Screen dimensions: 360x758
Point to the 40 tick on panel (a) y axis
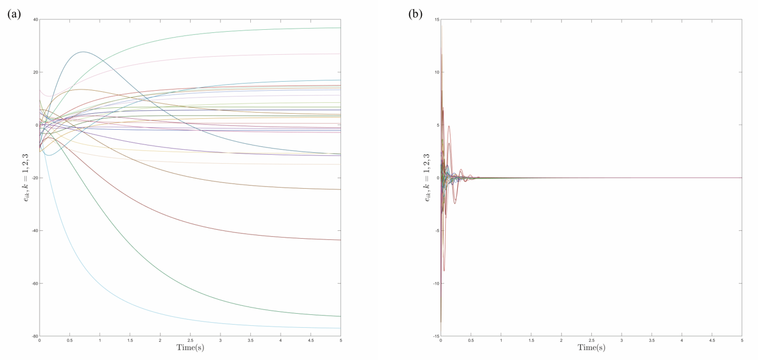click(35, 19)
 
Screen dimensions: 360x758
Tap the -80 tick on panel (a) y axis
click(35, 336)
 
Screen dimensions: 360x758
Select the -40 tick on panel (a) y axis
click(35, 231)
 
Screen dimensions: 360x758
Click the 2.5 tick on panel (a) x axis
click(190, 341)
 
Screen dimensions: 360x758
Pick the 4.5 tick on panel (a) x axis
click(311, 341)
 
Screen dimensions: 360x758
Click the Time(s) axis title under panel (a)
click(190, 348)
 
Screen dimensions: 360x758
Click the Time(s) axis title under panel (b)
click(591, 348)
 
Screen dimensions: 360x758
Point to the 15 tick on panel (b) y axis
click(437, 19)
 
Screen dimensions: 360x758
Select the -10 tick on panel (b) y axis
click(435, 283)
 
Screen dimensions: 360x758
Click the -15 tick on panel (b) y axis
click(435, 336)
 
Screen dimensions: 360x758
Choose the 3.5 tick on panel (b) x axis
click(651, 341)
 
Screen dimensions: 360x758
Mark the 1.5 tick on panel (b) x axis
click(531, 341)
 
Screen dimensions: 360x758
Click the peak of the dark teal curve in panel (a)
click(83, 52)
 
